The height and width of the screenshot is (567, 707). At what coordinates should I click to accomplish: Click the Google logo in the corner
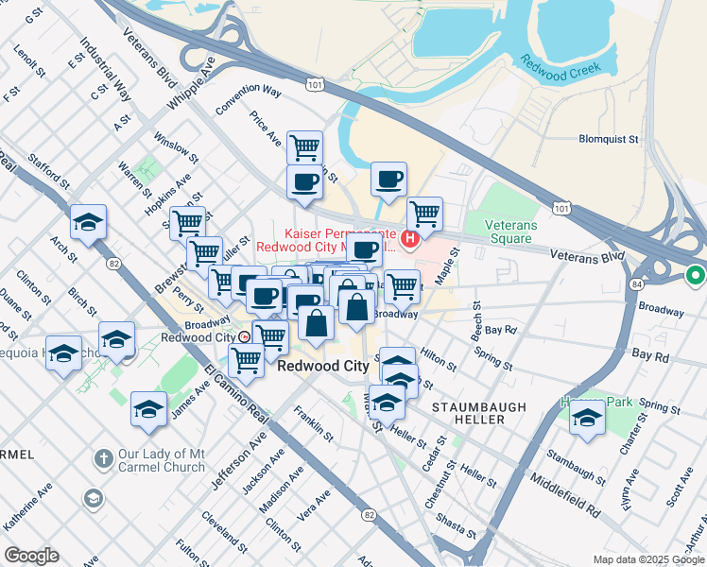pos(31,556)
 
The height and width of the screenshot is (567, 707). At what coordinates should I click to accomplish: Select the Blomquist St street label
pos(608,139)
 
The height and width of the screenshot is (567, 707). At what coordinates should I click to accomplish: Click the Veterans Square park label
pos(511,232)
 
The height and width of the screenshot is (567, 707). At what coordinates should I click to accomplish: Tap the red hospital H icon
pos(410,240)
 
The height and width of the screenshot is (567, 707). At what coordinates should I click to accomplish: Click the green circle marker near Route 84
pos(696,276)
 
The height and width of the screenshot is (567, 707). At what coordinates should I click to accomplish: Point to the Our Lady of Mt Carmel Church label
pos(161,460)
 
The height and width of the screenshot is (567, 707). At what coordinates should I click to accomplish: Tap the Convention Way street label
pos(249,100)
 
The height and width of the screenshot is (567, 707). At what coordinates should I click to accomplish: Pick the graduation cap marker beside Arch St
pos(88,223)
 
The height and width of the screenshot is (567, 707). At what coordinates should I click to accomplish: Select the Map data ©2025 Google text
pos(647,559)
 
